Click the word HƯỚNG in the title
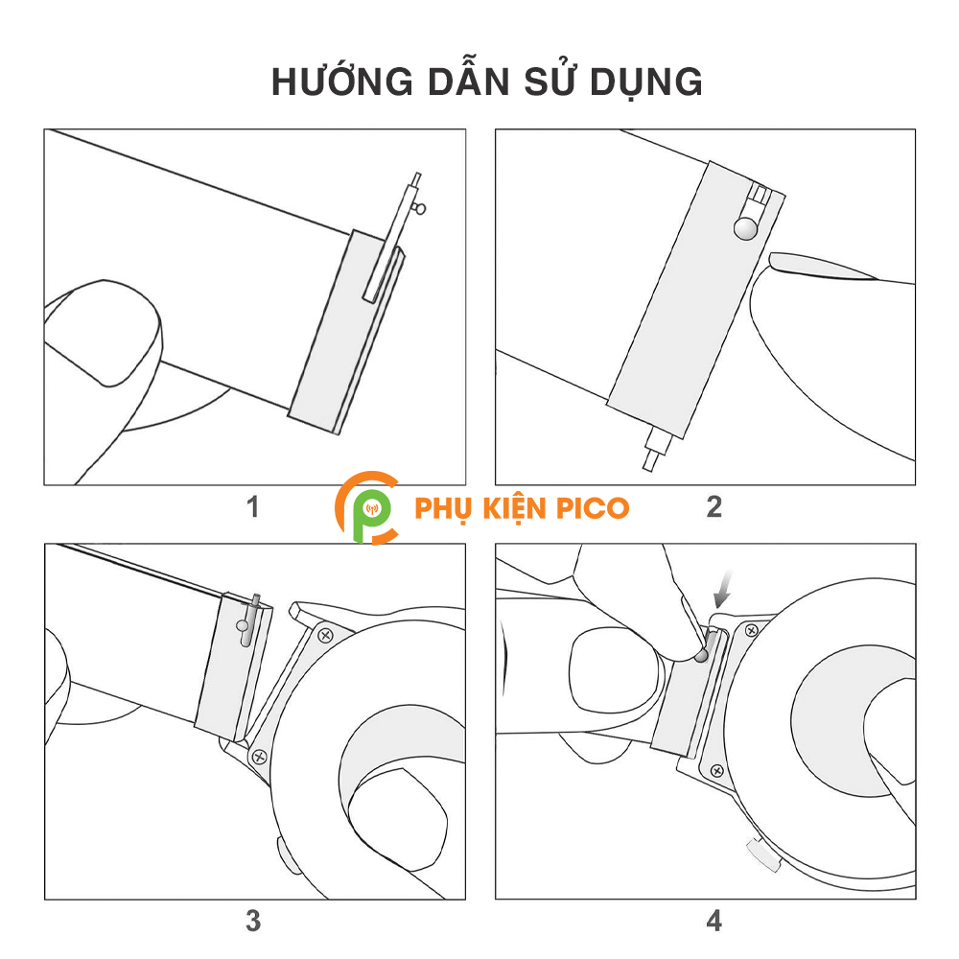342,81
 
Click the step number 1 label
252,507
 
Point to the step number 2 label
713,507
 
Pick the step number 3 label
253,921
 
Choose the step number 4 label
713,921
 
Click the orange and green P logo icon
367,507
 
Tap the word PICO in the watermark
593,508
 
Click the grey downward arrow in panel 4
723,589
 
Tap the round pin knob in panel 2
745,228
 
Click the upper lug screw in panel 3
325,636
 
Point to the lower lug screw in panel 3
259,758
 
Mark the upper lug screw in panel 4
752,630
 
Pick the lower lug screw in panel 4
716,771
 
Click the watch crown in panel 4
764,855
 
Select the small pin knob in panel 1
420,208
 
